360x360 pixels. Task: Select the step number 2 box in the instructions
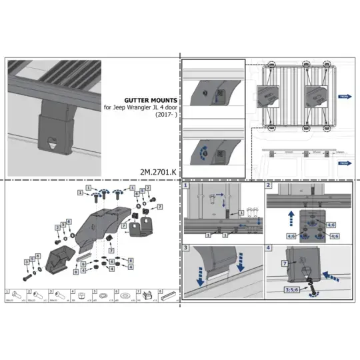pos(269,186)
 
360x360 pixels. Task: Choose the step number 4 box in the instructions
pos(269,247)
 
